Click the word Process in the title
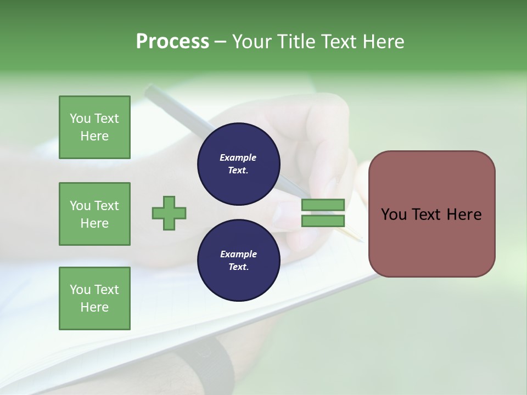pyautogui.click(x=172, y=42)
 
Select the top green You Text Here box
pyautogui.click(x=94, y=127)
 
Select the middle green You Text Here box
pyautogui.click(x=94, y=214)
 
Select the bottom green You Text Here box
pyautogui.click(x=94, y=298)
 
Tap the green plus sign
pyautogui.click(x=169, y=213)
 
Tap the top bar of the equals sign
pyautogui.click(x=323, y=205)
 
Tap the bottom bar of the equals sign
pyautogui.click(x=323, y=221)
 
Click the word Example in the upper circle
pyautogui.click(x=238, y=157)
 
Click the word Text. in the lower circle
pyautogui.click(x=238, y=267)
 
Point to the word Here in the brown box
pyautogui.click(x=464, y=215)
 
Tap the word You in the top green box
pyautogui.click(x=80, y=119)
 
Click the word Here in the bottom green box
pyautogui.click(x=94, y=307)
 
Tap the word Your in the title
pyautogui.click(x=252, y=42)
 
